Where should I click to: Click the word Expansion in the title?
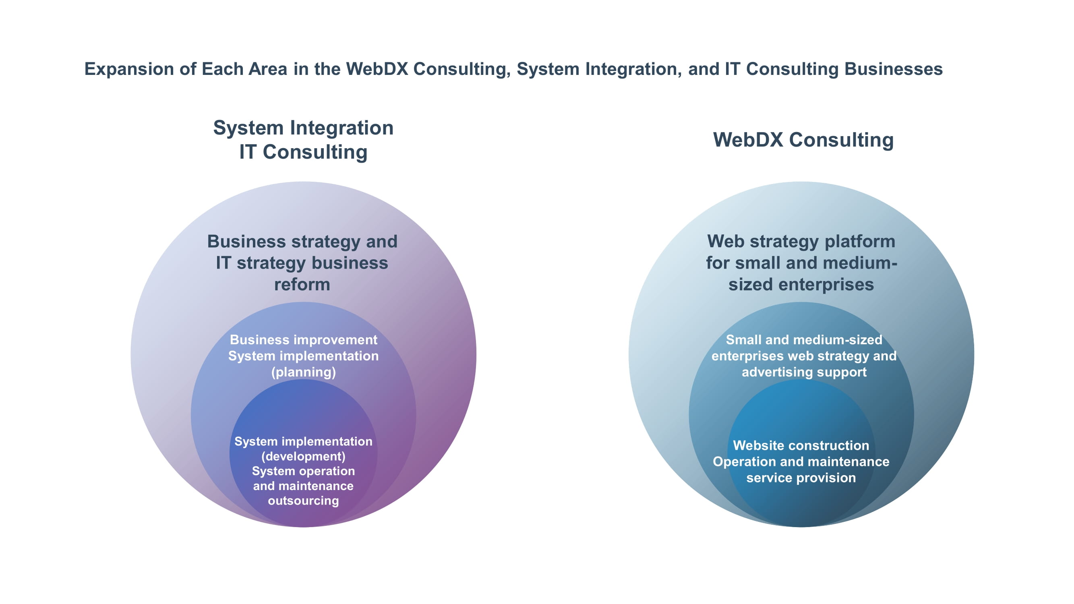coord(129,70)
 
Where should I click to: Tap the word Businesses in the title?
coord(894,69)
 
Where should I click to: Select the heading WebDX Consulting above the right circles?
coord(803,140)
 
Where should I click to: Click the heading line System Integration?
coord(303,128)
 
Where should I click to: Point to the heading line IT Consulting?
coord(303,152)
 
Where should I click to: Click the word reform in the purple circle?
coord(302,285)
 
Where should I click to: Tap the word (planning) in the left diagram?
coord(304,372)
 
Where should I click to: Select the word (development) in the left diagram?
coord(303,456)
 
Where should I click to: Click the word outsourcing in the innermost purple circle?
coord(303,501)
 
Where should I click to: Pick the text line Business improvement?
coord(304,340)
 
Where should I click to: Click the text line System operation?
coord(303,471)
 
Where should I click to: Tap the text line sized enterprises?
coord(801,285)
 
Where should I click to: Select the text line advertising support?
coord(804,372)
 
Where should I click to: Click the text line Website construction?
coord(801,445)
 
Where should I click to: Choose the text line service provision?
coord(801,478)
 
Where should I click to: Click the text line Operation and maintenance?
coord(801,461)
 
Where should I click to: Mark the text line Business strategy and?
coord(302,242)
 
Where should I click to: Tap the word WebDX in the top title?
coord(377,69)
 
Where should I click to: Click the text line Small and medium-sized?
coord(804,340)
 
